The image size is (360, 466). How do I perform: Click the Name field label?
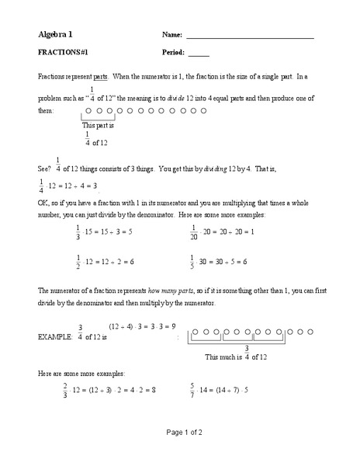point(172,36)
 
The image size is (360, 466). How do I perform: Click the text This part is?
point(99,124)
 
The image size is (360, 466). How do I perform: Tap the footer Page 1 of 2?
point(180,453)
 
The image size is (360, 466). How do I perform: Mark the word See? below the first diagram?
point(44,167)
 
